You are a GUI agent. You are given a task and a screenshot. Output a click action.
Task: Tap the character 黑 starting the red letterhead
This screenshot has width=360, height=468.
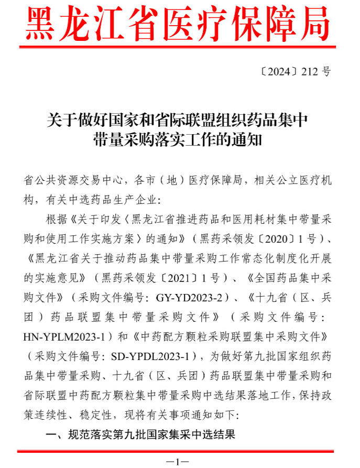click(41, 24)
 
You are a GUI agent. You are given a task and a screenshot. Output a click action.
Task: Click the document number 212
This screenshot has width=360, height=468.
click(310, 72)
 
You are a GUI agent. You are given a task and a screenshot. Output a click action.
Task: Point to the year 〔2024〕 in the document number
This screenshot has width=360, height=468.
click(279, 72)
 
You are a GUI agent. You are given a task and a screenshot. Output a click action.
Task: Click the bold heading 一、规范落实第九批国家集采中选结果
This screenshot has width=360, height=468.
click(140, 434)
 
